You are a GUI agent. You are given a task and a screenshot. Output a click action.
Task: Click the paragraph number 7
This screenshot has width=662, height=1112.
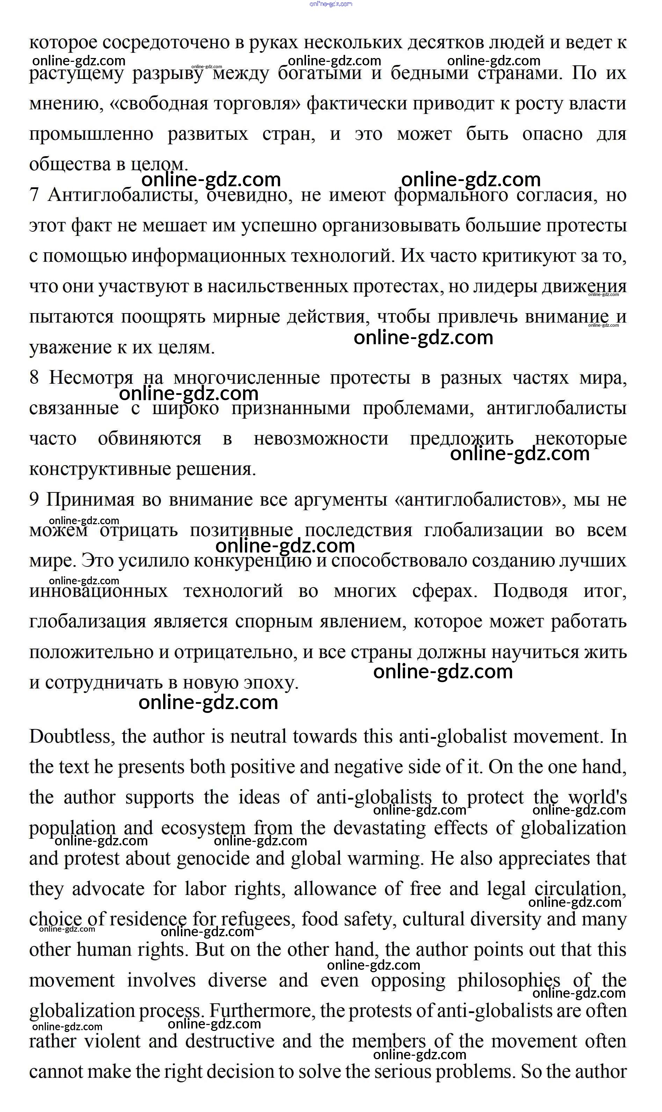(34, 195)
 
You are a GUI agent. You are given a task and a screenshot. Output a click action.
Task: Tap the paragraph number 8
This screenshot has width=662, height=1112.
(34, 378)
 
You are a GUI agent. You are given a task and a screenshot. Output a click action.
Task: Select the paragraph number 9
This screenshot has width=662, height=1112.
(34, 500)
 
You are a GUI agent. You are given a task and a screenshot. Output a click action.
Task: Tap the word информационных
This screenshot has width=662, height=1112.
(211, 256)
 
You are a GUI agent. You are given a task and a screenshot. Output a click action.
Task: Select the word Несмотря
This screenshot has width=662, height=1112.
(91, 378)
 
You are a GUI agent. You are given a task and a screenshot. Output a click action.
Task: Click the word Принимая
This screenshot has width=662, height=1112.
(90, 500)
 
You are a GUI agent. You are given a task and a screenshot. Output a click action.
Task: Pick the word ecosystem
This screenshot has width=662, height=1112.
(203, 829)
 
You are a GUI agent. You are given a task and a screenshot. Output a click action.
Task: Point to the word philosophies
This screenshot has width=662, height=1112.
(509, 981)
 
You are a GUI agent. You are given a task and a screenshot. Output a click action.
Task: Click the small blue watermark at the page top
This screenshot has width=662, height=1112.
(330, 4)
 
